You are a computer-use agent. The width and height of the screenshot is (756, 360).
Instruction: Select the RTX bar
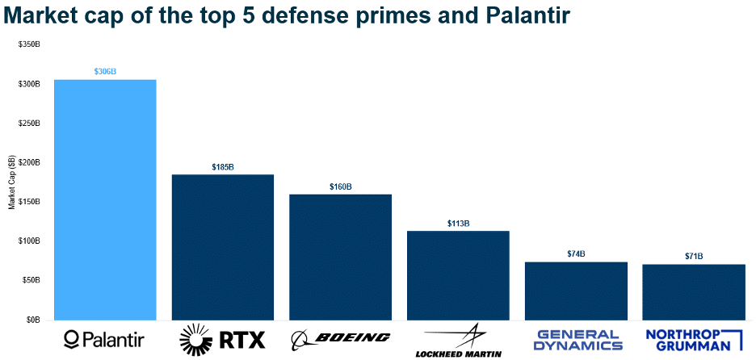[223, 247]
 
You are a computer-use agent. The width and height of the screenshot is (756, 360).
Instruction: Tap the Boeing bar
[340, 257]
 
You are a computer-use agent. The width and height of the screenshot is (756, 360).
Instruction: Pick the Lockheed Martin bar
[458, 275]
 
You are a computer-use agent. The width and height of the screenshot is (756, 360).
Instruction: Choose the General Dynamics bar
[576, 291]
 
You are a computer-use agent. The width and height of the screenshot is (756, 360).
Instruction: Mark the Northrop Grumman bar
[694, 291]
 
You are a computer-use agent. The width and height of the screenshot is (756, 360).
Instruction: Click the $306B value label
[105, 72]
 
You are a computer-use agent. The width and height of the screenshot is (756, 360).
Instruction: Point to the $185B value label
[223, 167]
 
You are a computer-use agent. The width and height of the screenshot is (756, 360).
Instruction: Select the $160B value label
[340, 186]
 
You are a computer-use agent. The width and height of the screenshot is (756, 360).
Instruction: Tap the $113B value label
[458, 224]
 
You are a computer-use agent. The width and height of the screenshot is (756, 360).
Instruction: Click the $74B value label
[576, 254]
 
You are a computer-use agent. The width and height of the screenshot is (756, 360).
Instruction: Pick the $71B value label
[694, 257]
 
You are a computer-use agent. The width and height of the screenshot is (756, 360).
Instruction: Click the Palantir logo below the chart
[105, 338]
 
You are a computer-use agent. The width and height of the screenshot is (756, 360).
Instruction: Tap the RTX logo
[222, 338]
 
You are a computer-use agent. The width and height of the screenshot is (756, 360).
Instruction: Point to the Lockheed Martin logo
[458, 341]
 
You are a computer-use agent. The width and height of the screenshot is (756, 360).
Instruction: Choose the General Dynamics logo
[580, 340]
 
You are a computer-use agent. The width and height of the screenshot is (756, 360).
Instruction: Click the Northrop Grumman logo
[694, 340]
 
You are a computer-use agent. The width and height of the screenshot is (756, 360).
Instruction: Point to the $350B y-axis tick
[29, 44]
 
